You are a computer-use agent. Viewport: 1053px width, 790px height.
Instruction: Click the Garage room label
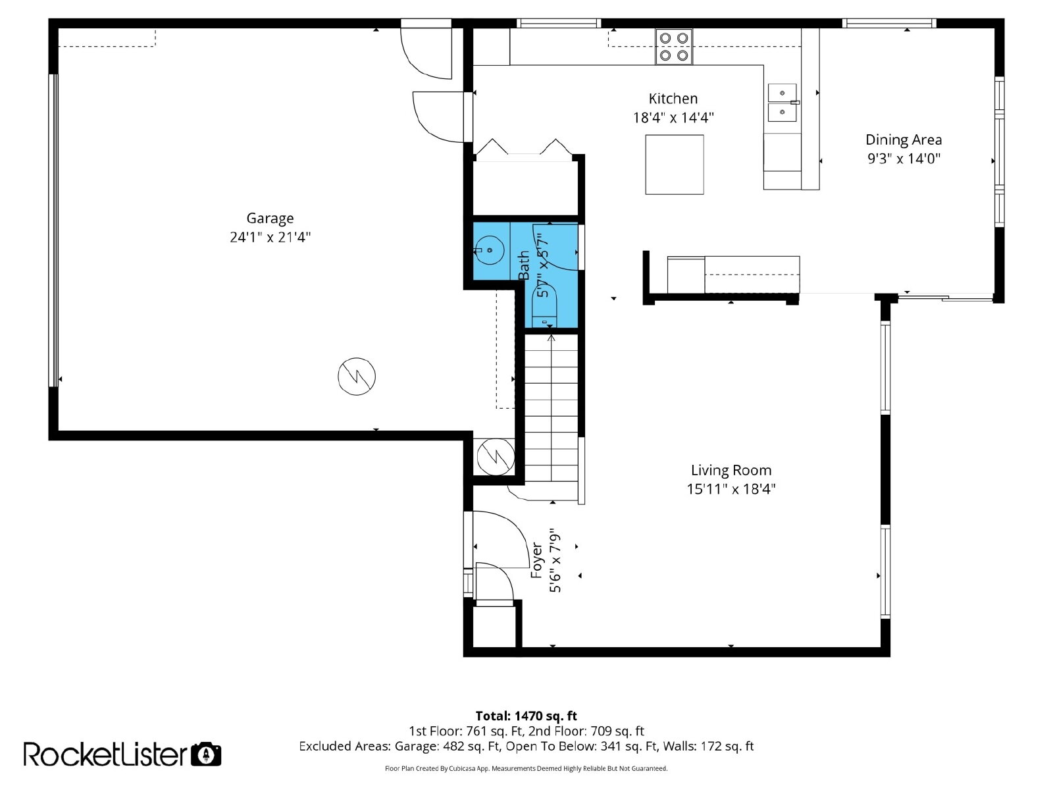(x=270, y=219)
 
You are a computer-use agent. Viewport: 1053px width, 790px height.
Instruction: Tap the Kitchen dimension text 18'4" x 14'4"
(x=673, y=118)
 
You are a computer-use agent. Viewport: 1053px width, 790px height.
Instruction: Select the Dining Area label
(x=904, y=140)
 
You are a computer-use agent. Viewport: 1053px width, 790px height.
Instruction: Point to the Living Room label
(x=731, y=470)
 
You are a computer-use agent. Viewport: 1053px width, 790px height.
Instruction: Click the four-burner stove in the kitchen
(x=673, y=47)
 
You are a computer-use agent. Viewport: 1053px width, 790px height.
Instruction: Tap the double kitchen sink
(x=782, y=103)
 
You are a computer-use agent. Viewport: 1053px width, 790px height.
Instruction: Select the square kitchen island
(x=674, y=165)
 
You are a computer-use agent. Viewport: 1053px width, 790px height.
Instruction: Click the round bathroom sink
(x=489, y=250)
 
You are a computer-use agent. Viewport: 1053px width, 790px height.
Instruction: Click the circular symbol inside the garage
(x=357, y=376)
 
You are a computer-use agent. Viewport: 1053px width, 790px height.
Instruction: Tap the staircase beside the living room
(x=552, y=408)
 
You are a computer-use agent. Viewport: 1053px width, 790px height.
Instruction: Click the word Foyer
(x=537, y=560)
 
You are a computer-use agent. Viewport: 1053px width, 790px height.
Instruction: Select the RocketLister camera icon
(x=206, y=754)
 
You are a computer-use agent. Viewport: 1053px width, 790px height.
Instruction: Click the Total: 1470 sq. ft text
(x=526, y=716)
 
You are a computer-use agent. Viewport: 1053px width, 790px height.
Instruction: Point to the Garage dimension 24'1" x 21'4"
(x=270, y=238)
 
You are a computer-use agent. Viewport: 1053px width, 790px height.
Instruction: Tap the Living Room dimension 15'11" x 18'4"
(x=731, y=489)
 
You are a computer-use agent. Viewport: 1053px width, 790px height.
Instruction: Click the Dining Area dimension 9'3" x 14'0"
(x=904, y=159)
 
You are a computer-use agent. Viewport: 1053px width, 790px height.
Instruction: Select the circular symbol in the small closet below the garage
(x=496, y=457)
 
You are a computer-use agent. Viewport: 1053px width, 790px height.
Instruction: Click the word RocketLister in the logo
(x=105, y=754)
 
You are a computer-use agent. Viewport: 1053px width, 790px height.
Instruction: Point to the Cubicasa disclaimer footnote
(x=526, y=768)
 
